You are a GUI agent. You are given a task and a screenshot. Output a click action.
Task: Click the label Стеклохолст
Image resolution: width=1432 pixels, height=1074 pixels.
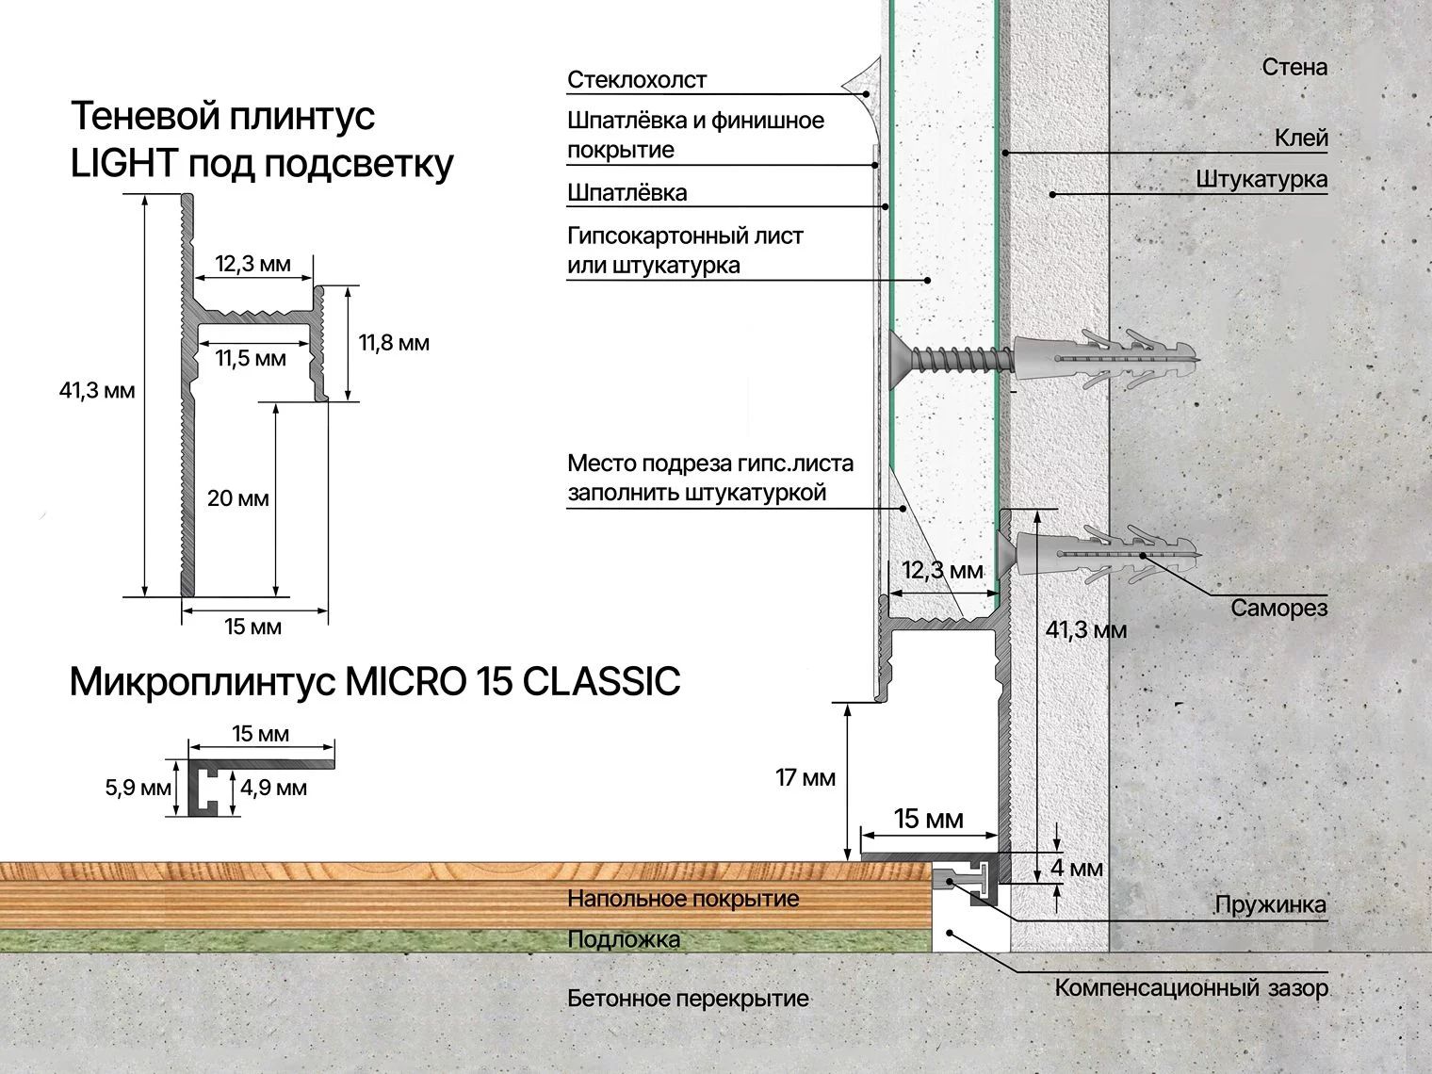[636, 79]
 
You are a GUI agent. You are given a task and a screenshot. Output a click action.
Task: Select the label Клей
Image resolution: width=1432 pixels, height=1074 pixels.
[1302, 138]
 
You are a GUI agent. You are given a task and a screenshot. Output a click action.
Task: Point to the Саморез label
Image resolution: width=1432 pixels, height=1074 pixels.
[1279, 608]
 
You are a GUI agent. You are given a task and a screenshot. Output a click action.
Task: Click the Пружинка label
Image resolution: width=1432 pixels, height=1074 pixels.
[1271, 904]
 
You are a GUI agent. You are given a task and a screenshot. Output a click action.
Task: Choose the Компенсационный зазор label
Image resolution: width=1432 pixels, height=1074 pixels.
[1191, 987]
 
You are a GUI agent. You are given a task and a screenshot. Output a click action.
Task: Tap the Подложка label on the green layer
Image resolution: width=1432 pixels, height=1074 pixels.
[624, 939]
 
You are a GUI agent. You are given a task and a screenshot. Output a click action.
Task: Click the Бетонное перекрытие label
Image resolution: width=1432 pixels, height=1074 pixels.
[689, 999]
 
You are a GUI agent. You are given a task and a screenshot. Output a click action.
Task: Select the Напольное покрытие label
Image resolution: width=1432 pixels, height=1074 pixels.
[683, 899]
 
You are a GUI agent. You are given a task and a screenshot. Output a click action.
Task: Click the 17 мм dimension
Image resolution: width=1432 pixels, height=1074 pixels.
[805, 777]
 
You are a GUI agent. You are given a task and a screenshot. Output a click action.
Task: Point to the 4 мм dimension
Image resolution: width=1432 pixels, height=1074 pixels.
[1077, 868]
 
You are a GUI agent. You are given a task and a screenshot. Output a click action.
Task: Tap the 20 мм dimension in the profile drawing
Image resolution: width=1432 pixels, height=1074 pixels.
[238, 498]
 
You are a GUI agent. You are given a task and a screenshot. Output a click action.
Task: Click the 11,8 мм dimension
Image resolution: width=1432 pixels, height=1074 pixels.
[394, 343]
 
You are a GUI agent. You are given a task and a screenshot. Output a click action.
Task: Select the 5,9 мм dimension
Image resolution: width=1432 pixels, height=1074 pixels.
[138, 788]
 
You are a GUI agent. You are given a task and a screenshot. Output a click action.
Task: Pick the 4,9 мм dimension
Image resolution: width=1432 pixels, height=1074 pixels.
[273, 788]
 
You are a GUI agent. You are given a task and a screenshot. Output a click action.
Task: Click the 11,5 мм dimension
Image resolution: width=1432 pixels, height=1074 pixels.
[252, 358]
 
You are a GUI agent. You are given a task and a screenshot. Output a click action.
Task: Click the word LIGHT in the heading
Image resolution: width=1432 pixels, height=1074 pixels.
[123, 163]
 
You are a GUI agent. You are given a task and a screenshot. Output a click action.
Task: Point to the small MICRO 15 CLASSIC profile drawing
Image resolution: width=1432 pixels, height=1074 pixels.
[261, 786]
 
